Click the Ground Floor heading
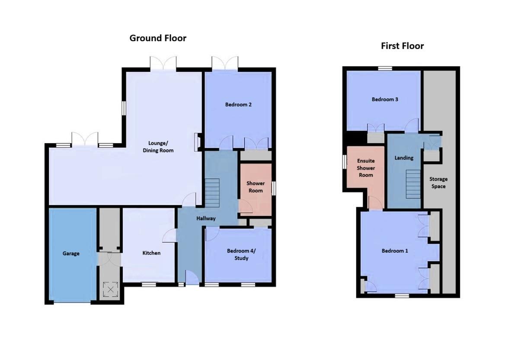[x=158, y=38]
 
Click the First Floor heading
[x=402, y=46]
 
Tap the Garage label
[x=71, y=254]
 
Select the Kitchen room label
[x=151, y=253]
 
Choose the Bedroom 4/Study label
[x=238, y=254]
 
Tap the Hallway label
[x=206, y=219]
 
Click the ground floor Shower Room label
[x=256, y=187]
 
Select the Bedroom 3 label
[x=385, y=100]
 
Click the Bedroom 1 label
[x=394, y=251]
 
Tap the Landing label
[x=404, y=158]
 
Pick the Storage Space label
[x=438, y=182]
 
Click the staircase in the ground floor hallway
[x=212, y=193]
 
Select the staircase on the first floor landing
[x=413, y=184]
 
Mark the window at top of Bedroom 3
[x=383, y=68]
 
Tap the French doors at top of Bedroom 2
[x=225, y=63]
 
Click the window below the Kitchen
[x=150, y=284]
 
